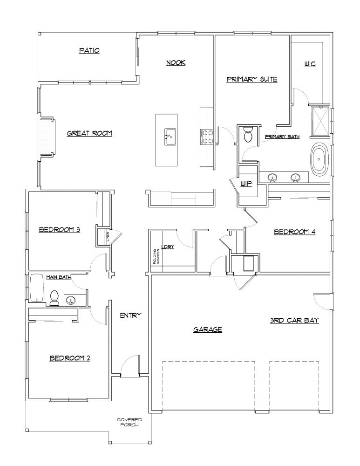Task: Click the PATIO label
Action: click(89, 50)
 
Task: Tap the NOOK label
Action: click(176, 62)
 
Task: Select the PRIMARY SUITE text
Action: click(252, 79)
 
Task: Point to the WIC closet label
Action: click(310, 64)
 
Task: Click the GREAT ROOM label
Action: click(89, 133)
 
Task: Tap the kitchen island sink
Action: click(170, 137)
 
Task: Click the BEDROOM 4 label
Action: click(294, 231)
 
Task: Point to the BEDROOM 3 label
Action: click(60, 229)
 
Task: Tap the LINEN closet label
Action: click(107, 237)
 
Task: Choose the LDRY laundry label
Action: click(168, 247)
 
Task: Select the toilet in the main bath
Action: click(54, 298)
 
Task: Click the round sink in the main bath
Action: click(71, 300)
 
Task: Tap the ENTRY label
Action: click(130, 315)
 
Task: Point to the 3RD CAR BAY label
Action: click(294, 321)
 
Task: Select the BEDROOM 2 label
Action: click(70, 358)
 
